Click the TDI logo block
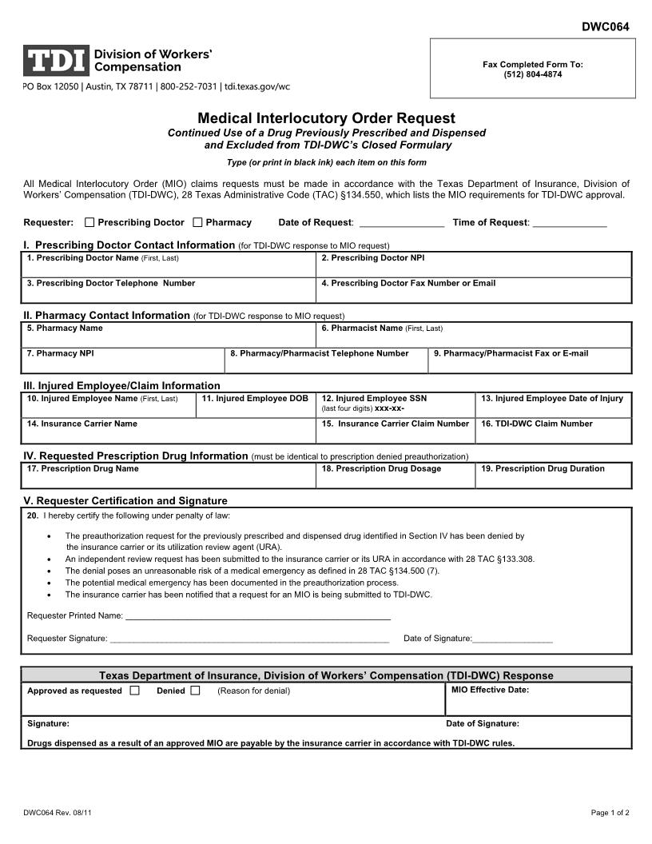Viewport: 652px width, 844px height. click(x=56, y=61)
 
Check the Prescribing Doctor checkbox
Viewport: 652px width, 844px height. click(x=89, y=222)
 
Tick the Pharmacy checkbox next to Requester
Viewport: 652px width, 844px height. click(x=197, y=222)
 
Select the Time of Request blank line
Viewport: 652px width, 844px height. click(x=570, y=225)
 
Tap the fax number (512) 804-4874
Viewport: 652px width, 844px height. click(x=533, y=74)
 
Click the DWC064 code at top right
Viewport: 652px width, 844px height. click(x=605, y=26)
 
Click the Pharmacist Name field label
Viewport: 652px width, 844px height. click(x=382, y=328)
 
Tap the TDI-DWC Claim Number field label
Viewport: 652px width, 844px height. click(x=536, y=424)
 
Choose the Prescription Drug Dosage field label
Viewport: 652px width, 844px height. click(x=381, y=468)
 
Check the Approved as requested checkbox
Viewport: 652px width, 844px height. click(x=134, y=690)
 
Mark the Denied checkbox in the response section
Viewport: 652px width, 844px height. click(x=195, y=690)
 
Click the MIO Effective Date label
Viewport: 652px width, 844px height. click(x=490, y=690)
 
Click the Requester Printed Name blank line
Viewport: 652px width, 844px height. click(x=258, y=617)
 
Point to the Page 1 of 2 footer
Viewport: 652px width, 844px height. click(x=610, y=813)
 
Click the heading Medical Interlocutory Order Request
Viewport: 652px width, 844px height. click(x=326, y=118)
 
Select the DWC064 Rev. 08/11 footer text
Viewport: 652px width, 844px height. click(x=62, y=813)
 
